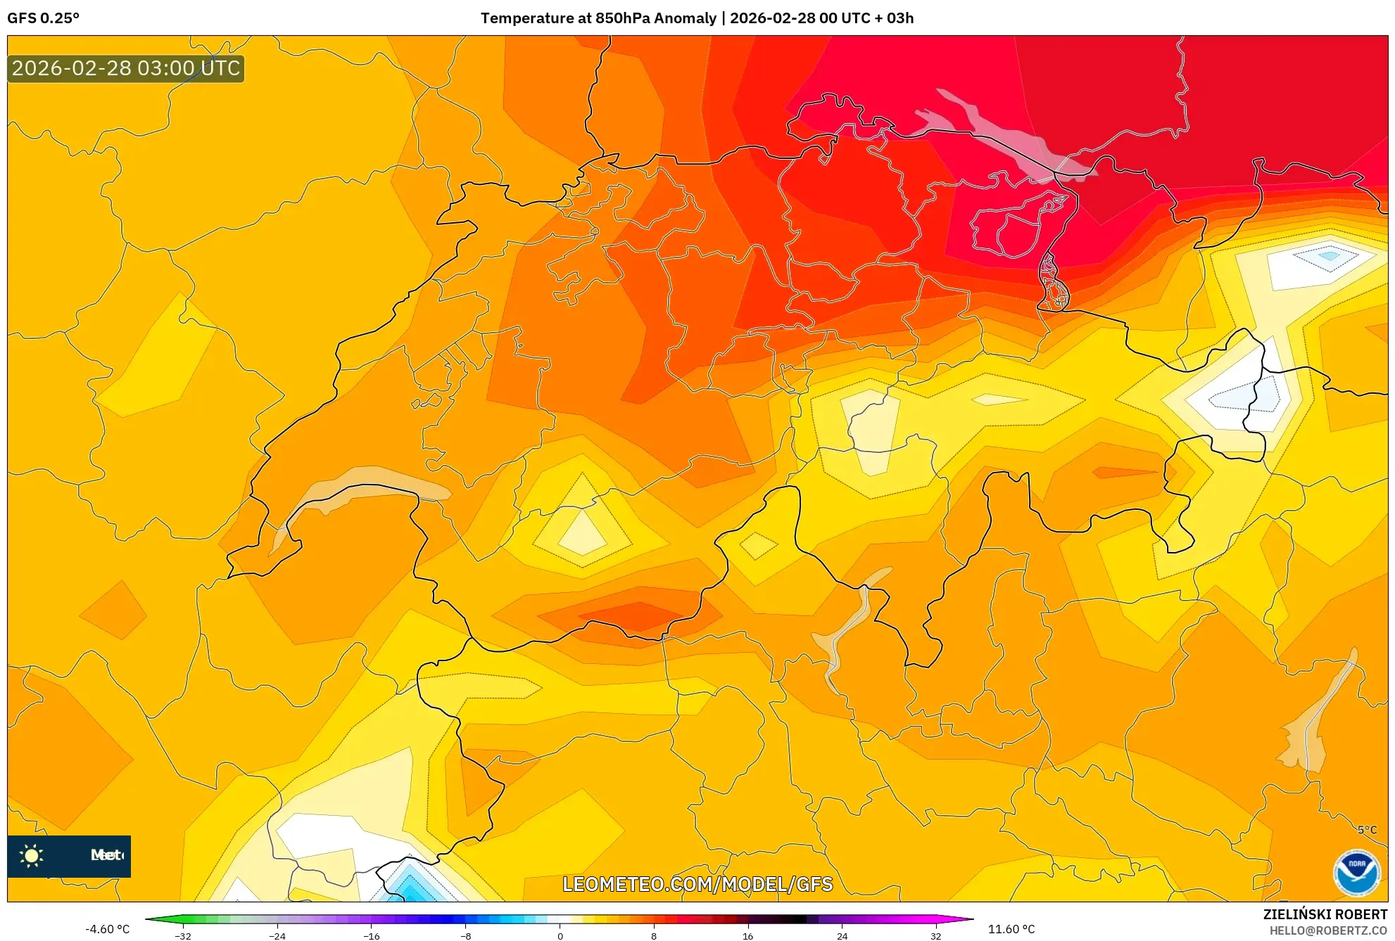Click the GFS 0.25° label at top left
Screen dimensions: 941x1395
[44, 18]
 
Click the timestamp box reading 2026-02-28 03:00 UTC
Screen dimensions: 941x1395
[126, 69]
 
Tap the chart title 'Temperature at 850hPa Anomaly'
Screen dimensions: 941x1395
[598, 18]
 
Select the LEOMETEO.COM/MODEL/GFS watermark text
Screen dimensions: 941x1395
[697, 884]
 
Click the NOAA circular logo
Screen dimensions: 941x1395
[1356, 872]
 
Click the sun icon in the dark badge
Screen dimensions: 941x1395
[32, 856]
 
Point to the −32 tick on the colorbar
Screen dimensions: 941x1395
[183, 936]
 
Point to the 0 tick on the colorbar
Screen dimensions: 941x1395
[560, 936]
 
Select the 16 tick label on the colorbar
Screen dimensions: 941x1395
[747, 936]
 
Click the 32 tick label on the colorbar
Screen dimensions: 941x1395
[935, 936]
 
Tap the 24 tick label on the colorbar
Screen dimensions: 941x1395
[842, 936]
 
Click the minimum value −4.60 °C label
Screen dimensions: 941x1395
[107, 929]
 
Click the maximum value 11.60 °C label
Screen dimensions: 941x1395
[1011, 929]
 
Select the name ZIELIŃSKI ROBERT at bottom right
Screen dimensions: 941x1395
[1325, 914]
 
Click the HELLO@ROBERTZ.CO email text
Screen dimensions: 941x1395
[1327, 930]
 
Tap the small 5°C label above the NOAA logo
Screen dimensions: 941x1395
[1367, 830]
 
